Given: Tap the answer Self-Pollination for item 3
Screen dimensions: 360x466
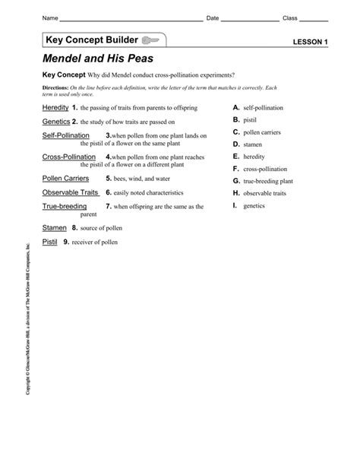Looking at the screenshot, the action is coord(66,135).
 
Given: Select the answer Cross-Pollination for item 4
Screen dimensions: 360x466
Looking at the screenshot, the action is coord(68,157).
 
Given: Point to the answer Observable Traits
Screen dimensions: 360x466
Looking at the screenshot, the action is coord(72,192).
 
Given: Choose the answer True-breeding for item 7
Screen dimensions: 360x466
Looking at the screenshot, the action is coord(65,206).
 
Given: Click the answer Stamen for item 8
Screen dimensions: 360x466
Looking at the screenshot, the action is coord(55,227).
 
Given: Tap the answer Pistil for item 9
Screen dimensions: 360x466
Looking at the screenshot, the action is coord(50,242).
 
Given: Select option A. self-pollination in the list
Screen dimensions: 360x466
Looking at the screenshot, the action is coord(260,109).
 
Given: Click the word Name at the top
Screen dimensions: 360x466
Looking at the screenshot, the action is coord(49,17).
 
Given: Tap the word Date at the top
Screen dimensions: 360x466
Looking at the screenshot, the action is coord(213,17).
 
